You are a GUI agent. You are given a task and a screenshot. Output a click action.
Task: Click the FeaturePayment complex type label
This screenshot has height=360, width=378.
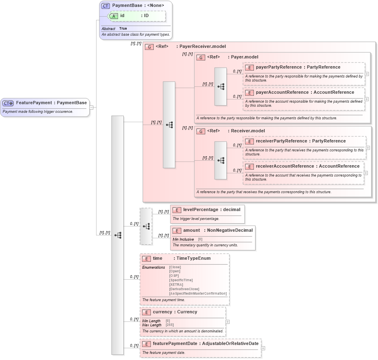pyautogui.click(x=34, y=103)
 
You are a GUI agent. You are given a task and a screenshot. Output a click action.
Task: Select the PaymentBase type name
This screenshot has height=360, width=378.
pyautogui.click(x=127, y=5)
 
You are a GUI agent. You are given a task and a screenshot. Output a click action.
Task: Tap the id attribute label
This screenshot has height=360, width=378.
pyautogui.click(x=122, y=15)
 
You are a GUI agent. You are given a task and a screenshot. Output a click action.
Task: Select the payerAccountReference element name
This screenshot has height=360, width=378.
pyautogui.click(x=282, y=92)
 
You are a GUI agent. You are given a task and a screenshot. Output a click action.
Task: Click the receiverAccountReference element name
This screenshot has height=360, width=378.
pyautogui.click(x=285, y=166)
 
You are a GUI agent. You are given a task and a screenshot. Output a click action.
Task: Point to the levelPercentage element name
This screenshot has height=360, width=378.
pyautogui.click(x=200, y=209)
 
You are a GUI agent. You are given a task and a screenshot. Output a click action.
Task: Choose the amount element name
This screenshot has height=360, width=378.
pyautogui.click(x=191, y=230)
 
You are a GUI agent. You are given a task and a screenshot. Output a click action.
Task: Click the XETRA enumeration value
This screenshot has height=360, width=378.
pyautogui.click(x=176, y=285)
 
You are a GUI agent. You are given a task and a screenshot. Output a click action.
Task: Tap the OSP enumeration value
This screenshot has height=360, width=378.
pyautogui.click(x=174, y=276)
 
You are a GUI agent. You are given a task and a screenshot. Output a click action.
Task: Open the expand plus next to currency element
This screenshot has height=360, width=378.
pyautogui.click(x=228, y=322)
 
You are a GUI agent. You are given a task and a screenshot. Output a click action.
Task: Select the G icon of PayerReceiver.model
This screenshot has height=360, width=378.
pyautogui.click(x=149, y=47)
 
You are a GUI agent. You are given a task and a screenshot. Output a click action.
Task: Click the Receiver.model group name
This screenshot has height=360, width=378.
pyautogui.click(x=247, y=131)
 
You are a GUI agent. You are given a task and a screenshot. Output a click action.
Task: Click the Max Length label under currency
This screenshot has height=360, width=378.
pyautogui.click(x=152, y=325)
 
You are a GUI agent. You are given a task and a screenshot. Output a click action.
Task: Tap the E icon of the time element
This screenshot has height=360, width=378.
pyautogui.click(x=146, y=259)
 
